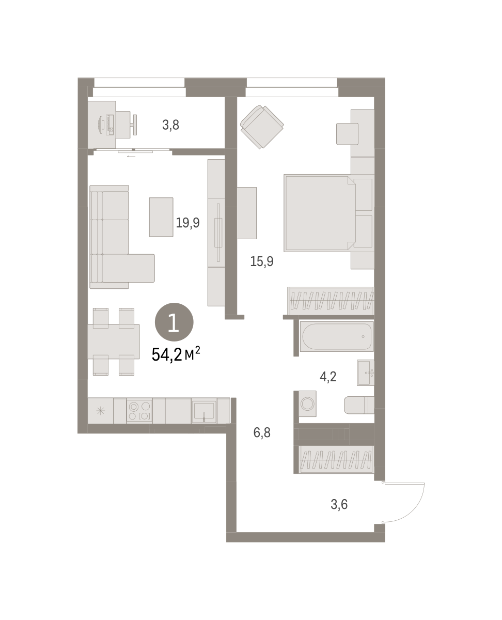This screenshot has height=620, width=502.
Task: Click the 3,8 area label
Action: (170, 125)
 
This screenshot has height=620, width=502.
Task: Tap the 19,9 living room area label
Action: (187, 223)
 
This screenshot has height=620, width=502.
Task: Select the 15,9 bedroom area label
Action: (262, 261)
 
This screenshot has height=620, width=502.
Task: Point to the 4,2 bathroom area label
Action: (328, 377)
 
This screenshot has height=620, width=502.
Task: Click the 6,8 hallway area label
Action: (262, 433)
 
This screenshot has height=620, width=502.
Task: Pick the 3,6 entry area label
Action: (339, 504)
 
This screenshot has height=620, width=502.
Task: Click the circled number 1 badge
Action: (174, 322)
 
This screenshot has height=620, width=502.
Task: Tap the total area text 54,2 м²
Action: (176, 354)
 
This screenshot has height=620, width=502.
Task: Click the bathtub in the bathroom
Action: (337, 336)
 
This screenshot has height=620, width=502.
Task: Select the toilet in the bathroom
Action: (359, 405)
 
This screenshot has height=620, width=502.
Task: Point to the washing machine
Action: (307, 404)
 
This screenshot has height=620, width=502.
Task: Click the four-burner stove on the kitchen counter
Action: (139, 411)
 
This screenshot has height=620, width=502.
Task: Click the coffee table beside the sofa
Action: (161, 217)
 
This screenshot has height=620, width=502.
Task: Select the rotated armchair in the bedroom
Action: (262, 127)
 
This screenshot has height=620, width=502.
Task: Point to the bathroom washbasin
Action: (366, 373)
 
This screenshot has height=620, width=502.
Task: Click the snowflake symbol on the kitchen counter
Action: (100, 411)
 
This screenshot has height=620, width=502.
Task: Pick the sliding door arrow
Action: (131, 157)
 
